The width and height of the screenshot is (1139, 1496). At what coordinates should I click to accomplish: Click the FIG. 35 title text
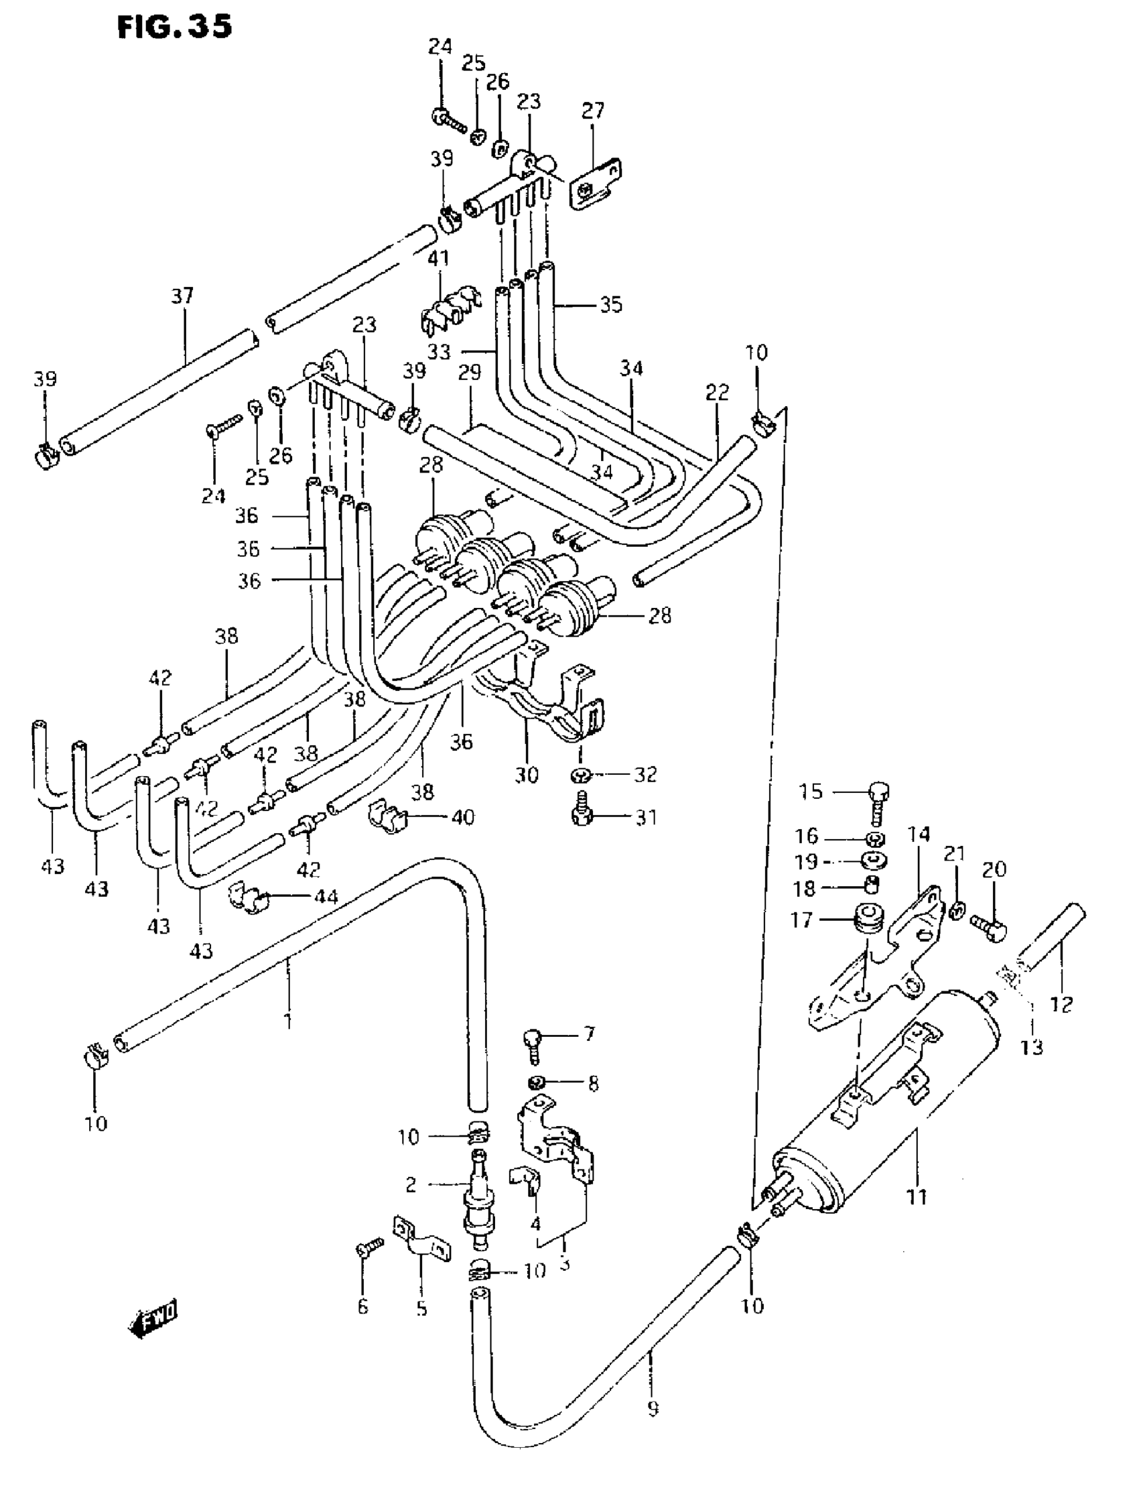175,27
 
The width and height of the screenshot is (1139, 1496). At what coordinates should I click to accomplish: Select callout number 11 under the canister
917,1197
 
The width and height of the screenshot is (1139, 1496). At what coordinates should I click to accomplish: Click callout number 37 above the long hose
182,296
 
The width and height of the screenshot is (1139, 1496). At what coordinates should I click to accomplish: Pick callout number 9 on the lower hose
653,1409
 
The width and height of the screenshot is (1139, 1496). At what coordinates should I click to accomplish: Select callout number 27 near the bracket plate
592,111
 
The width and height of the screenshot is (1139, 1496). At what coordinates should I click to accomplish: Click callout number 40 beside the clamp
464,816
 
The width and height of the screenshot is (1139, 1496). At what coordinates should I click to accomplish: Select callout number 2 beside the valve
411,1185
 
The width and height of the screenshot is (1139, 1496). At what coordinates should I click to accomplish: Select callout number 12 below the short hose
1062,1004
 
